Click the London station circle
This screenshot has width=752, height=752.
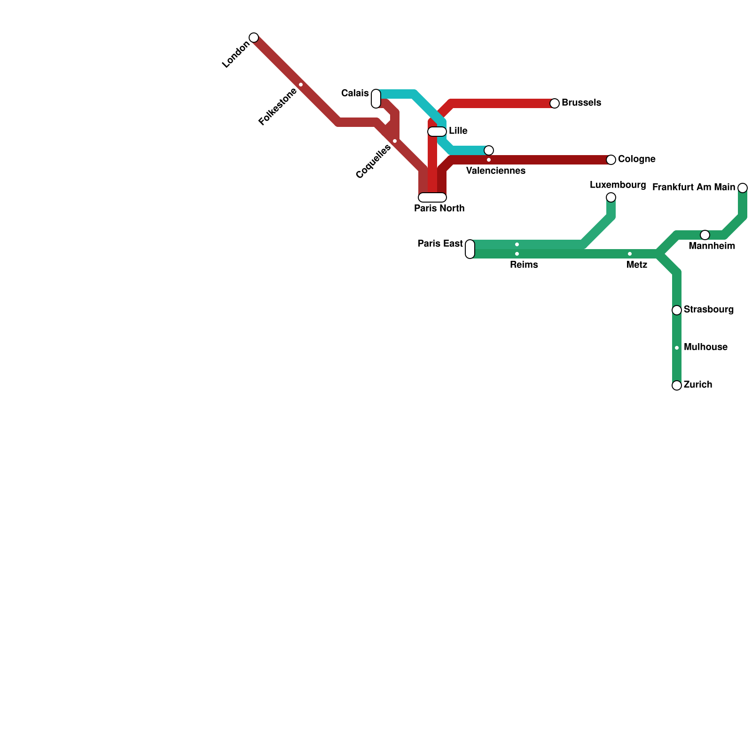point(254,38)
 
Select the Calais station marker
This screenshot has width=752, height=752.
point(376,99)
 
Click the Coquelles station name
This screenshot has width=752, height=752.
point(373,162)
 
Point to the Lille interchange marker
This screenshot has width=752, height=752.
point(437,132)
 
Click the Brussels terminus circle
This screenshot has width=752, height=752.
point(555,103)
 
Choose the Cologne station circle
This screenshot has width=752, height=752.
point(611,160)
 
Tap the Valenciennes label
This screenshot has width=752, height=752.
point(496,171)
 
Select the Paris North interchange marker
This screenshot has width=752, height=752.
point(432,197)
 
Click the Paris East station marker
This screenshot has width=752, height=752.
point(470,249)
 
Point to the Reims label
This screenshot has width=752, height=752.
point(524,265)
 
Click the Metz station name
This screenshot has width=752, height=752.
point(637,265)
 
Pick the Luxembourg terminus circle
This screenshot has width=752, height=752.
point(611,197)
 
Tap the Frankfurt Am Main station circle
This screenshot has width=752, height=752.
point(743,188)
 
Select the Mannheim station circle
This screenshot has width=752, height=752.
point(705,235)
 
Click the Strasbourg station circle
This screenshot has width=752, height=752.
point(677,310)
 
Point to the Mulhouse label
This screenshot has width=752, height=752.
point(705,347)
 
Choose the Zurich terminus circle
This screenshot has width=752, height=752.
point(677,385)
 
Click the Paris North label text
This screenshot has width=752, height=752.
point(439,209)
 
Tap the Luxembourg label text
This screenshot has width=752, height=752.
point(618,185)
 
